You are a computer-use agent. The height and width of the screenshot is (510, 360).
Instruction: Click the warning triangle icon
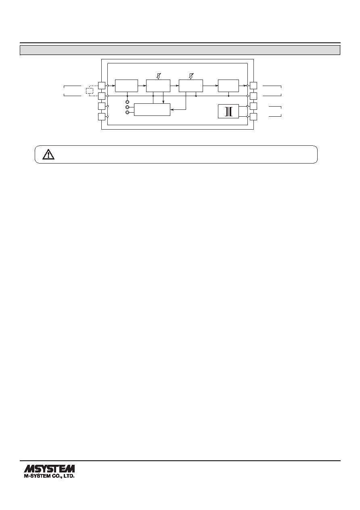(x=48, y=154)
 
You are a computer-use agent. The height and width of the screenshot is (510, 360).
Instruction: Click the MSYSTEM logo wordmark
(x=49, y=469)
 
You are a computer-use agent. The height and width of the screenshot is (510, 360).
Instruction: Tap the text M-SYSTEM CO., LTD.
(x=49, y=476)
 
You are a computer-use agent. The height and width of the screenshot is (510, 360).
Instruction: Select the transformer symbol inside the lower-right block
(x=228, y=111)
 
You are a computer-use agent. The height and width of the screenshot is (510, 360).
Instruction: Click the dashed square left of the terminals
(x=90, y=91)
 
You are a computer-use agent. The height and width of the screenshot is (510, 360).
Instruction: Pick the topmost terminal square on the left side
(x=101, y=86)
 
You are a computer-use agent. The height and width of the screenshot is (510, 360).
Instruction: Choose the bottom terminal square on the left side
(x=101, y=117)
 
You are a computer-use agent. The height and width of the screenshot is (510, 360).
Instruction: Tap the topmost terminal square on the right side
(x=253, y=86)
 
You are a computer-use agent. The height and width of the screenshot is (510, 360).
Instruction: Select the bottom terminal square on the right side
(x=253, y=117)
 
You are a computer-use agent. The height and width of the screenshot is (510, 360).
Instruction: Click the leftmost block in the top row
(x=126, y=86)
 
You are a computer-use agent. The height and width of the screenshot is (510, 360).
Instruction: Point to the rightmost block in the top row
(x=228, y=86)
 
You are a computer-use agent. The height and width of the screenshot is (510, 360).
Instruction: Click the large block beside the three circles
(x=152, y=110)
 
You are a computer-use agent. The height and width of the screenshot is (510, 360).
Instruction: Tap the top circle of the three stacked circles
(x=128, y=102)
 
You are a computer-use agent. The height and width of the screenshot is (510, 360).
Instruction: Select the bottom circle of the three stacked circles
(x=128, y=113)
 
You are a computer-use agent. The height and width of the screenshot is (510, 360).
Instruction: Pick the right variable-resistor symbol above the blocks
(x=191, y=76)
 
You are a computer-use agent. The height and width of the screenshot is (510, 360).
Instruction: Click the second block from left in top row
(x=158, y=86)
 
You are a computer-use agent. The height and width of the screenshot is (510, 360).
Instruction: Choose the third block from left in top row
(x=191, y=86)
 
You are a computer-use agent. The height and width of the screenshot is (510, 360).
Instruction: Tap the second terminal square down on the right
(x=253, y=96)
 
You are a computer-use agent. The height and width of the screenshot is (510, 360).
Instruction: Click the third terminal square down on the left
(x=101, y=106)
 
